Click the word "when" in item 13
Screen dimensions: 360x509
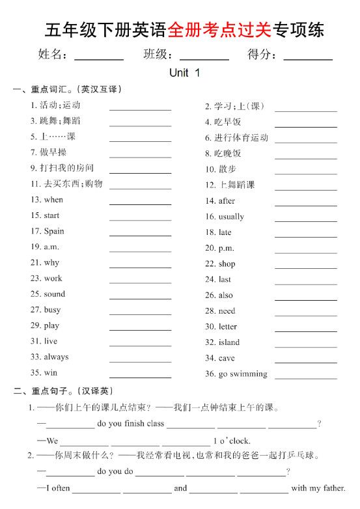pyautogui.click(x=53, y=200)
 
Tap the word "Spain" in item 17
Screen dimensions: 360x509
pyautogui.click(x=54, y=231)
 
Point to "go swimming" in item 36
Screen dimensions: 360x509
pyautogui.click(x=243, y=374)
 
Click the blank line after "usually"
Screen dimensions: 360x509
pyautogui.click(x=305, y=221)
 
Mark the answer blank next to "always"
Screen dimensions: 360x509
pyautogui.click(x=140, y=362)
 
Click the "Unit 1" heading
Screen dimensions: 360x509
pyautogui.click(x=184, y=74)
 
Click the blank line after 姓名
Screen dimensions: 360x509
pyautogui.click(x=99, y=59)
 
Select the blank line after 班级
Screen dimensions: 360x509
pyautogui.click(x=204, y=59)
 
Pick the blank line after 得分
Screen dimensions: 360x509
pyautogui.click(x=307, y=59)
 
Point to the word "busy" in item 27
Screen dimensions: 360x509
pyautogui.click(x=52, y=310)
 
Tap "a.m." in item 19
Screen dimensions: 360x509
pyautogui.click(x=51, y=247)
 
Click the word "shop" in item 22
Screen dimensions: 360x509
pyautogui.click(x=227, y=264)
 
